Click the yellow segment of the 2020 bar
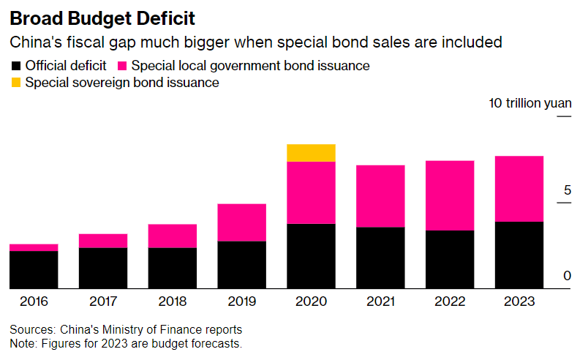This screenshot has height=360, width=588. pyautogui.click(x=311, y=153)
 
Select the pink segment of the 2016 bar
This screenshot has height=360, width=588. pyautogui.click(x=34, y=247)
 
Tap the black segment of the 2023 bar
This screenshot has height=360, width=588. pyautogui.click(x=519, y=255)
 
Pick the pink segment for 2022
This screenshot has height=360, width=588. pyautogui.click(x=449, y=195)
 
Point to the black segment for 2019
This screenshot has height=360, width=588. pyautogui.click(x=241, y=264)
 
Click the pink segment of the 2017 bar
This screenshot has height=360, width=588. pyautogui.click(x=103, y=241)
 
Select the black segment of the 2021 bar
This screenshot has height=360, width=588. pyautogui.click(x=380, y=258)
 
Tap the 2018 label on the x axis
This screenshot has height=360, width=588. pyautogui.click(x=172, y=301)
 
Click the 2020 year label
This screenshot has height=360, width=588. pyautogui.click(x=311, y=301)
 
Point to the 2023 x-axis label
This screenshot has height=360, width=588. pyautogui.click(x=519, y=301)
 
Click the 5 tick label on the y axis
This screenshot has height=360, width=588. pyautogui.click(x=567, y=191)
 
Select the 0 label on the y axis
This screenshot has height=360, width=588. pyautogui.click(x=567, y=276)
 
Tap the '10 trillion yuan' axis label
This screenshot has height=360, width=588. pyautogui.click(x=530, y=103)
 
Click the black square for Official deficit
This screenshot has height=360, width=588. pyautogui.click(x=15, y=66)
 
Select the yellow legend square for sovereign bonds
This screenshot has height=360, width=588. pyautogui.click(x=15, y=83)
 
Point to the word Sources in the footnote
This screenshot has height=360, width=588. pyautogui.click(x=31, y=330)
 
